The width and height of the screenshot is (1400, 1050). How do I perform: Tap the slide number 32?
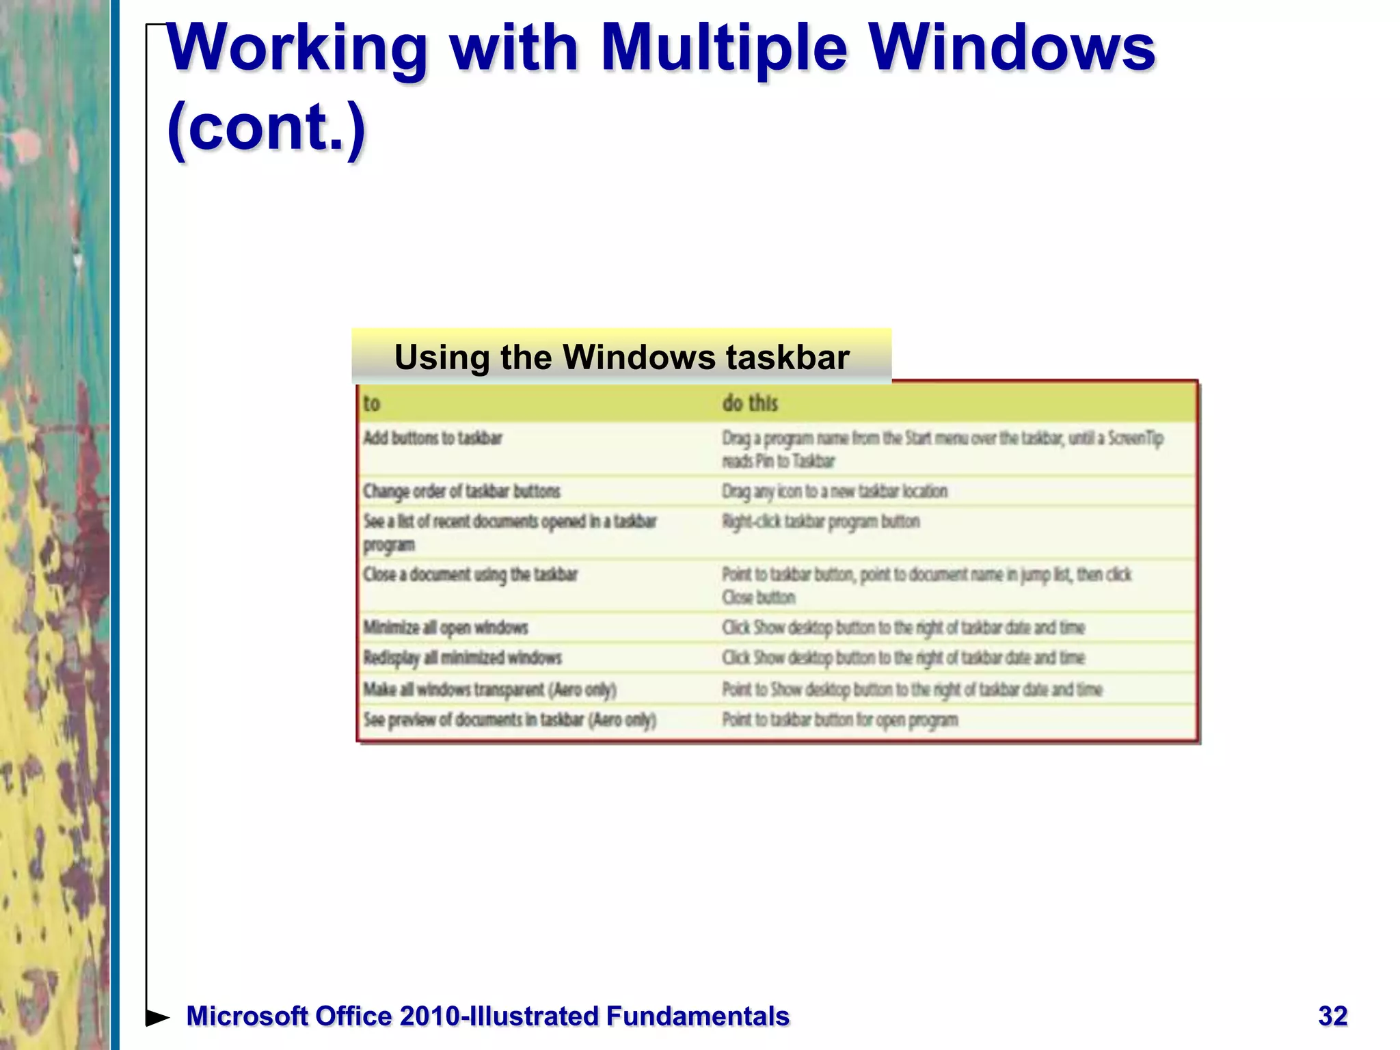(x=1332, y=1016)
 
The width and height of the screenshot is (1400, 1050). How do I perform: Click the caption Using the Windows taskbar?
(x=621, y=357)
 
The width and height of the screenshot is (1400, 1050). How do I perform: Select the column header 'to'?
(x=371, y=403)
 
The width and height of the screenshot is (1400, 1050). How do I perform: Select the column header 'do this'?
(x=750, y=403)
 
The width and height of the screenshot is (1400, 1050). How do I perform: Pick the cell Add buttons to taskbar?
(x=432, y=438)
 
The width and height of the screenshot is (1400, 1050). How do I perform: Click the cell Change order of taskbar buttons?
(x=461, y=491)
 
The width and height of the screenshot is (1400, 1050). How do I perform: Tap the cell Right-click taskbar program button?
(x=820, y=522)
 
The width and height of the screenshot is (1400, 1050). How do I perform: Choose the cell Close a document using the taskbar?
(x=470, y=574)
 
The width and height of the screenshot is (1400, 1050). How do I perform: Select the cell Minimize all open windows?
(x=446, y=627)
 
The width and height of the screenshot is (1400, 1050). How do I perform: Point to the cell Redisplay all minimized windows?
(x=462, y=658)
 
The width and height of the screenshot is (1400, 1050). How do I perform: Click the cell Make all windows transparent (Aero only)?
(x=489, y=689)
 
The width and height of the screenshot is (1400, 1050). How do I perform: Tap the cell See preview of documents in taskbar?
(x=509, y=720)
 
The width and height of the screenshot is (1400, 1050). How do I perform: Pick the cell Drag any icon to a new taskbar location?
(x=834, y=491)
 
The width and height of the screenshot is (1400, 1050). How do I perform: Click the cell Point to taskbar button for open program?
(x=839, y=720)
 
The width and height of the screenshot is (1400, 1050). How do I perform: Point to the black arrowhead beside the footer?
(x=157, y=1018)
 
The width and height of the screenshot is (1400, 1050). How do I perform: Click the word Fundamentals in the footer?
(x=697, y=1017)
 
